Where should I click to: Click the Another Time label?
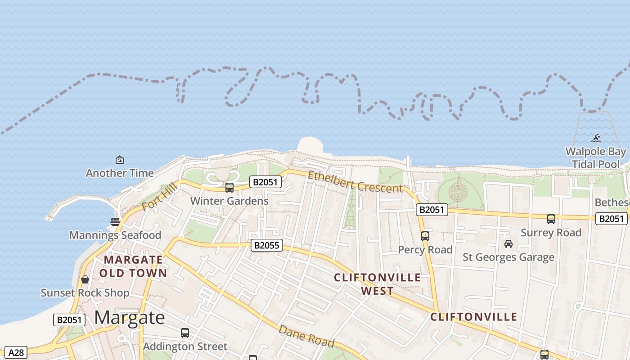pos(120,173)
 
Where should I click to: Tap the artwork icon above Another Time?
pos(120,160)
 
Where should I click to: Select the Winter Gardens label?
pos(229,201)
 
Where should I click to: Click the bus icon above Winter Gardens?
pos(229,187)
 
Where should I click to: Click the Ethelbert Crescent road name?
pos(355,182)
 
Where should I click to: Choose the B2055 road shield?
pos(266,245)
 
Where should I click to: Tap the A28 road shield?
pos(16,352)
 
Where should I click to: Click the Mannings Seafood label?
pos(115,235)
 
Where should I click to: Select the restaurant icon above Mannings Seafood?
pos(115,221)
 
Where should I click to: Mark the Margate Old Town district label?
pos(133,266)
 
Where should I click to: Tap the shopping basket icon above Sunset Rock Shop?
pos(85,279)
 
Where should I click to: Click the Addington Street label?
pos(185,346)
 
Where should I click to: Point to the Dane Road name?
pos(306,336)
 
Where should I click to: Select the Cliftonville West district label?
pos(378,284)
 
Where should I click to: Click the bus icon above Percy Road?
pos(425,236)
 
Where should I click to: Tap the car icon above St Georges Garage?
pos(508,244)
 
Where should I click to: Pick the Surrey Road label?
pos(551,233)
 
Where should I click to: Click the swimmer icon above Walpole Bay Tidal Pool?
pos(596,138)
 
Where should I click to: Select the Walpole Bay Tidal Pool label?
pos(596,157)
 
